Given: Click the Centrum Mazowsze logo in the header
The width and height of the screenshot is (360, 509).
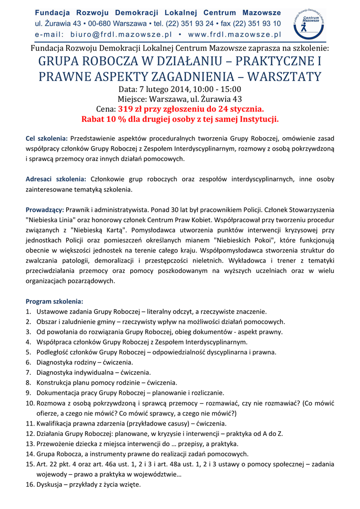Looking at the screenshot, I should coord(309,22).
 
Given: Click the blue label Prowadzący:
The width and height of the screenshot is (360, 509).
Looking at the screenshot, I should coord(45,210).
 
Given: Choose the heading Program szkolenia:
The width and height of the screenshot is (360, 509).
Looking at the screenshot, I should coord(55,301).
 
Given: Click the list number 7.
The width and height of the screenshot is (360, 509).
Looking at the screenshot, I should coord(28,372).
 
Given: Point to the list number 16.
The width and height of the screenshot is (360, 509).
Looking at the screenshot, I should coord(29,485).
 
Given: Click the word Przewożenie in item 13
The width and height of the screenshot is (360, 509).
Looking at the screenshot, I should coord(55,444).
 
